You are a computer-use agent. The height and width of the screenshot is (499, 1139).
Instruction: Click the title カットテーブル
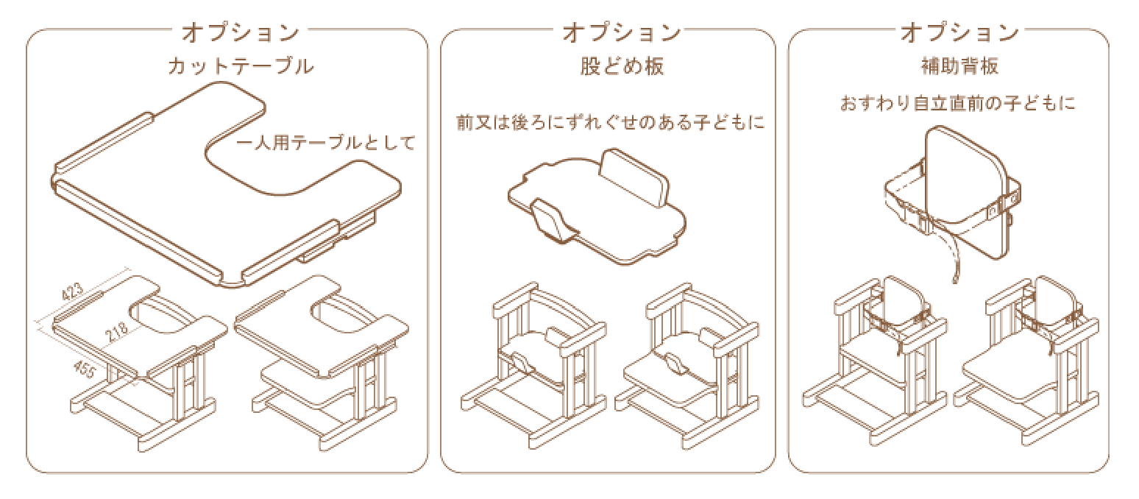click(x=241, y=67)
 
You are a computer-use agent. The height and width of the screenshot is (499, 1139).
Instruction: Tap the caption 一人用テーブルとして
click(x=327, y=143)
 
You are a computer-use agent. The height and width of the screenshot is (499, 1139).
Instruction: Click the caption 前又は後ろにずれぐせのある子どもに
click(x=610, y=123)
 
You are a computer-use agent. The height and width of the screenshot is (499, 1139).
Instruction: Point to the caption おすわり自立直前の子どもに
click(x=957, y=104)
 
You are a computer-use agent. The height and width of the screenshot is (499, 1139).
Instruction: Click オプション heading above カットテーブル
click(x=241, y=33)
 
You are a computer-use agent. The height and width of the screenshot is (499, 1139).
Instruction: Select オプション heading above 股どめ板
click(x=622, y=33)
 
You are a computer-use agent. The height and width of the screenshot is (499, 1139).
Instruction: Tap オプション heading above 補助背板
click(x=960, y=33)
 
